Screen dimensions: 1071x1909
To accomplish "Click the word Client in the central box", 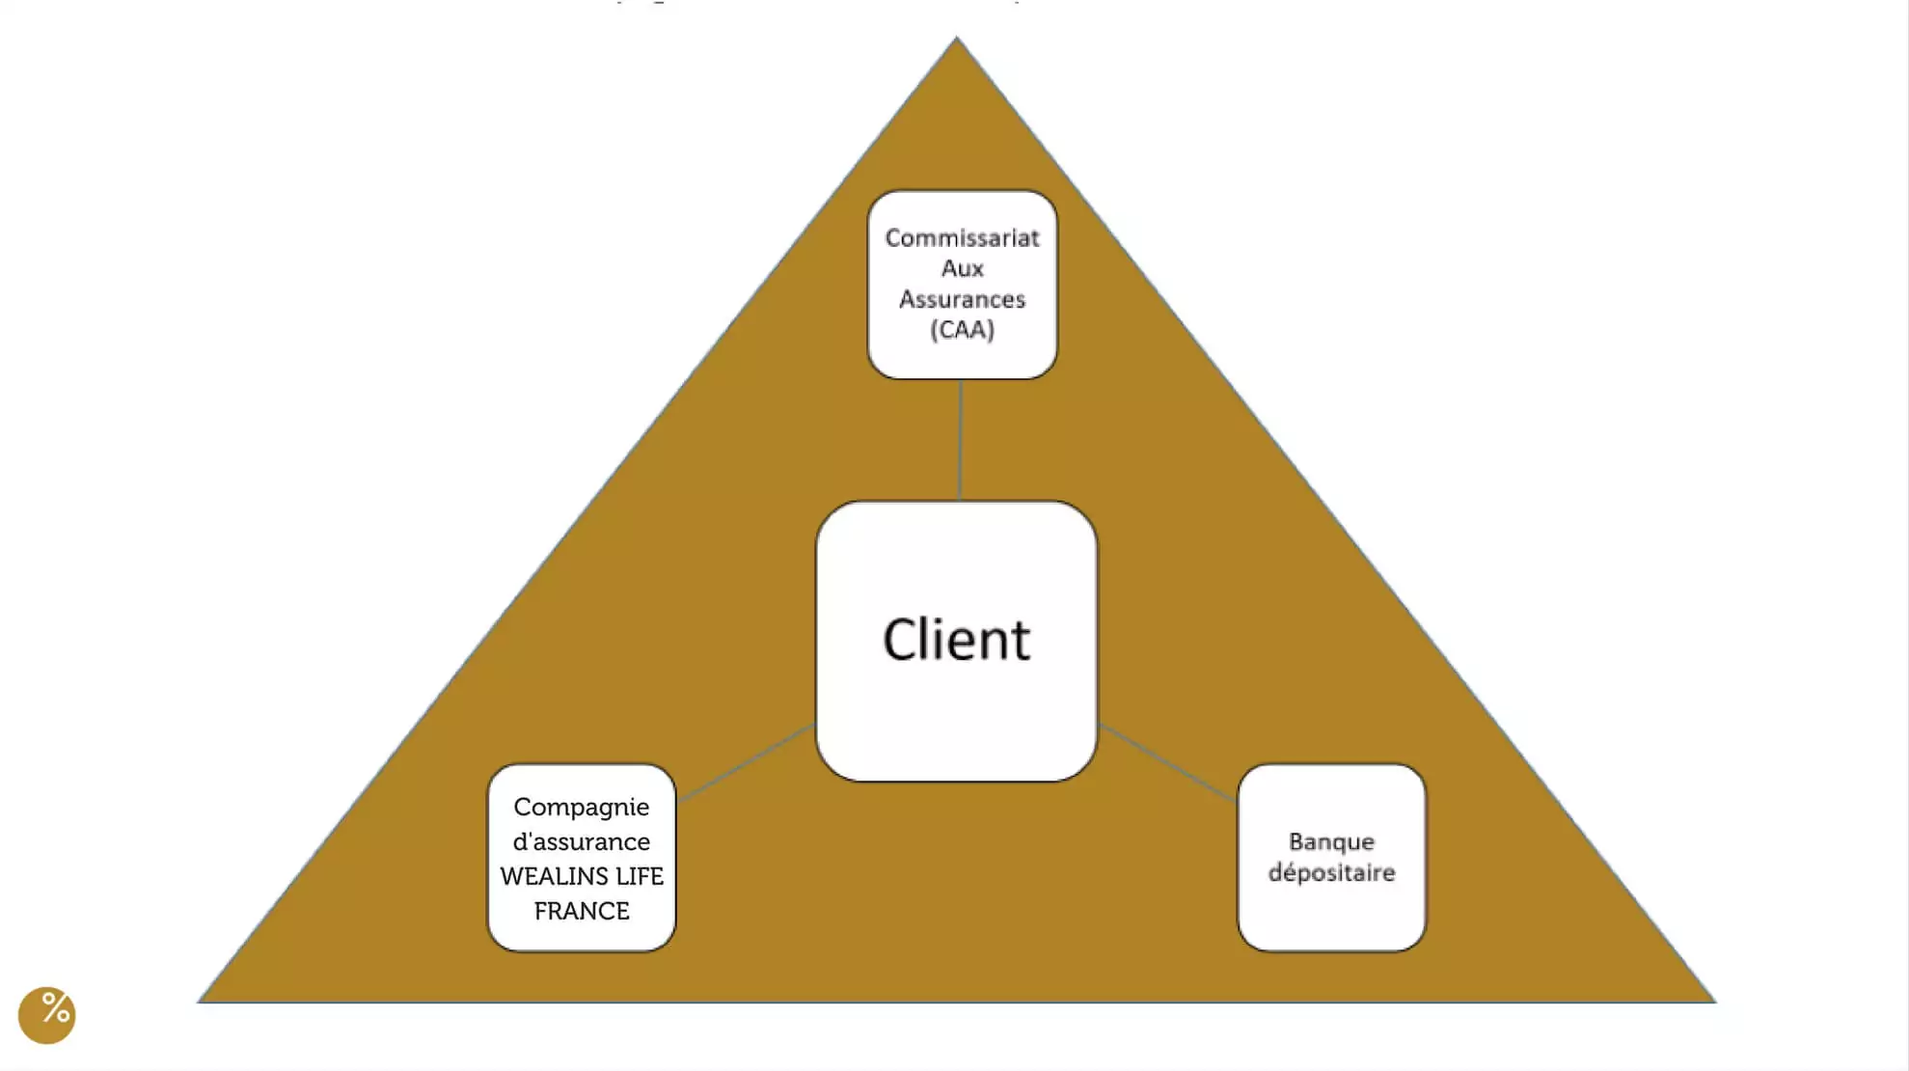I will point(956,640).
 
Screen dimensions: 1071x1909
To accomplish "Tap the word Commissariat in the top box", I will point(962,238).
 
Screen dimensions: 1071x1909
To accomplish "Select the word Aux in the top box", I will point(962,268).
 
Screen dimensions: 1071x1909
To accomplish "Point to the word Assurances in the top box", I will point(962,299).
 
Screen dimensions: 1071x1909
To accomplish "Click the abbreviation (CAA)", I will point(962,330).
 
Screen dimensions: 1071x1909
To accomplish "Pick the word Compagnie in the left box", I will point(581,808).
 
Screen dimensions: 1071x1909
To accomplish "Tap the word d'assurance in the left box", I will point(581,842).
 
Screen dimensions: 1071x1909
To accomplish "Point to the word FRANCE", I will point(581,911).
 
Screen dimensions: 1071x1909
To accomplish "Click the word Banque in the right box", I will point(1331,841).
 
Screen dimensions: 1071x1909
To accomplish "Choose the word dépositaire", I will point(1331,872).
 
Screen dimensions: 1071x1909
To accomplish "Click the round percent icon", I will point(46,1014).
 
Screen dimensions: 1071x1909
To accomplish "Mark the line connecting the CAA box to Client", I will point(960,439).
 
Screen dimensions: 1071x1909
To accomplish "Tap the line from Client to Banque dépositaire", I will point(1167,762).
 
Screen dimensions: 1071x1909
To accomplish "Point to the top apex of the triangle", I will point(956,41).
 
